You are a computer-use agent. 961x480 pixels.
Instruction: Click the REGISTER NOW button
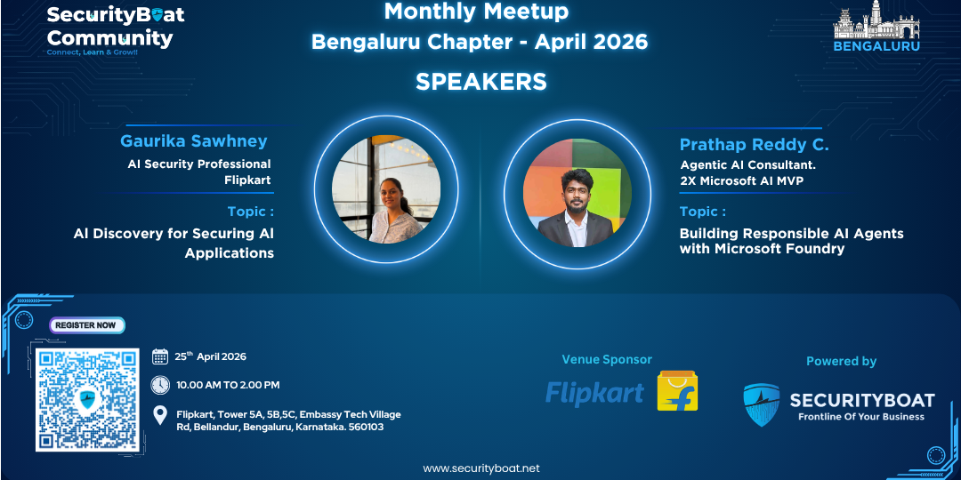click(x=87, y=325)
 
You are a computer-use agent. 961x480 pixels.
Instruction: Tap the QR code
click(x=87, y=399)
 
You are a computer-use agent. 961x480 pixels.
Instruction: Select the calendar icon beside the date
click(x=160, y=356)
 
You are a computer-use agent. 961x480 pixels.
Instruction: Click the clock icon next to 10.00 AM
click(x=160, y=385)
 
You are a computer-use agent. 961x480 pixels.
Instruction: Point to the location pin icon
click(x=160, y=416)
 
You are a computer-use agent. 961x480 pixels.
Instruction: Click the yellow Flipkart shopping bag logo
click(x=677, y=390)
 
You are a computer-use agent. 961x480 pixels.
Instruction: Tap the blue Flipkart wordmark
click(x=594, y=394)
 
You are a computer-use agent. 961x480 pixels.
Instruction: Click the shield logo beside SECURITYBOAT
click(x=761, y=404)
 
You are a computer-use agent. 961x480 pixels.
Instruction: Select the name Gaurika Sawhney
click(x=194, y=140)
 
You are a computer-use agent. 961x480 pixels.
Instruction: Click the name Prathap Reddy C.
click(x=754, y=146)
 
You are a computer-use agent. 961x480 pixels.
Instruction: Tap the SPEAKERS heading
click(x=481, y=82)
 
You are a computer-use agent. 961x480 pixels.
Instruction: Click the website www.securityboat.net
click(x=481, y=468)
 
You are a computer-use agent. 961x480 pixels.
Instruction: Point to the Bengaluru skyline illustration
click(x=876, y=20)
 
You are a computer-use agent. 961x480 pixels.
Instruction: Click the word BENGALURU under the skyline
click(x=876, y=46)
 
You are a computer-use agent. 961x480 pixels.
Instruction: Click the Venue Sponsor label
click(x=607, y=359)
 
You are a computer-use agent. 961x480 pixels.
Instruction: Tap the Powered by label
click(x=841, y=361)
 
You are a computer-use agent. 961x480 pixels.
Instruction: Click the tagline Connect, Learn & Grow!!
click(x=93, y=52)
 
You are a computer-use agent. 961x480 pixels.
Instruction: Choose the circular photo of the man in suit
click(x=577, y=193)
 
